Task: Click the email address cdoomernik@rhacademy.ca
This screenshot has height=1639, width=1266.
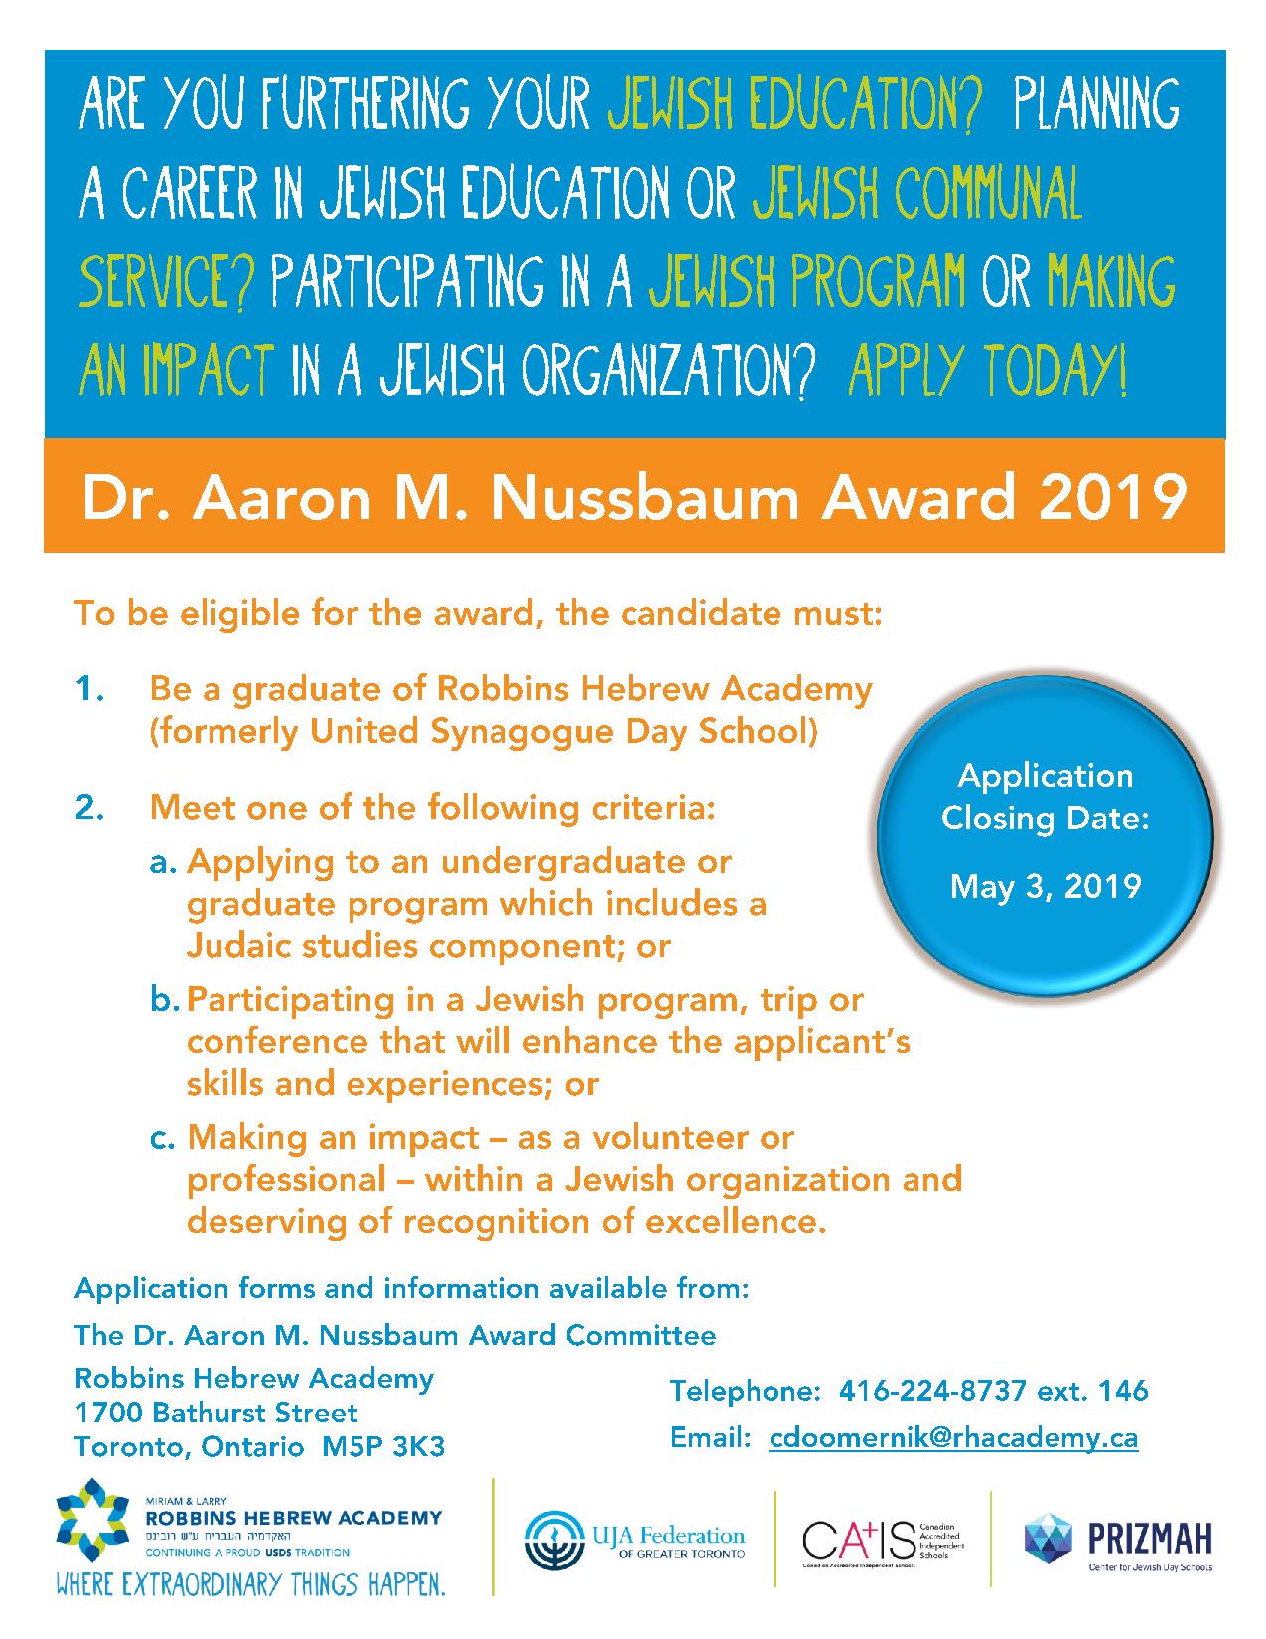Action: point(953,1438)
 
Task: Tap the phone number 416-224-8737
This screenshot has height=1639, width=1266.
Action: point(932,1391)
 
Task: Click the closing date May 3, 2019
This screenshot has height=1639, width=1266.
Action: point(1046,885)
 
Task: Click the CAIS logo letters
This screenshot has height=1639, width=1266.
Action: point(857,1541)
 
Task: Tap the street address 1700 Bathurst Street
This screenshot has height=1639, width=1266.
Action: point(216,1413)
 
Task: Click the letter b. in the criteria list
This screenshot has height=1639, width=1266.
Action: point(165,999)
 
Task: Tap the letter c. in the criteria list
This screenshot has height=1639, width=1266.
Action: point(165,1137)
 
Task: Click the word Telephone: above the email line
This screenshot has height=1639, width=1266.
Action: point(747,1391)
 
